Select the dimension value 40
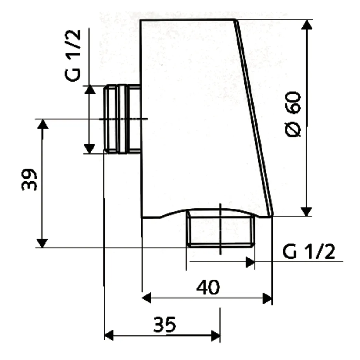[208, 287]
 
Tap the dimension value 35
[165, 324]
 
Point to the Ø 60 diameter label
[294, 114]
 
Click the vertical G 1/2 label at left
[73, 55]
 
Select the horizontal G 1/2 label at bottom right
[308, 253]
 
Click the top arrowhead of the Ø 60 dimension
[306, 24]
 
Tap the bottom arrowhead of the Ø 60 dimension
[306, 211]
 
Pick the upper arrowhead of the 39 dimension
[42, 124]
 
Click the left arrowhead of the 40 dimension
[147, 298]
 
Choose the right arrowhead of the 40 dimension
[267, 298]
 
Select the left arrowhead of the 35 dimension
[109, 335]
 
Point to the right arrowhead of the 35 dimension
[216, 335]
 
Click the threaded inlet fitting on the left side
[122, 119]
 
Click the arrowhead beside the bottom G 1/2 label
[250, 262]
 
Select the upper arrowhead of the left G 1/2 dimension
[89, 90]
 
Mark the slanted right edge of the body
[254, 117]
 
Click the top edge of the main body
[187, 20]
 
